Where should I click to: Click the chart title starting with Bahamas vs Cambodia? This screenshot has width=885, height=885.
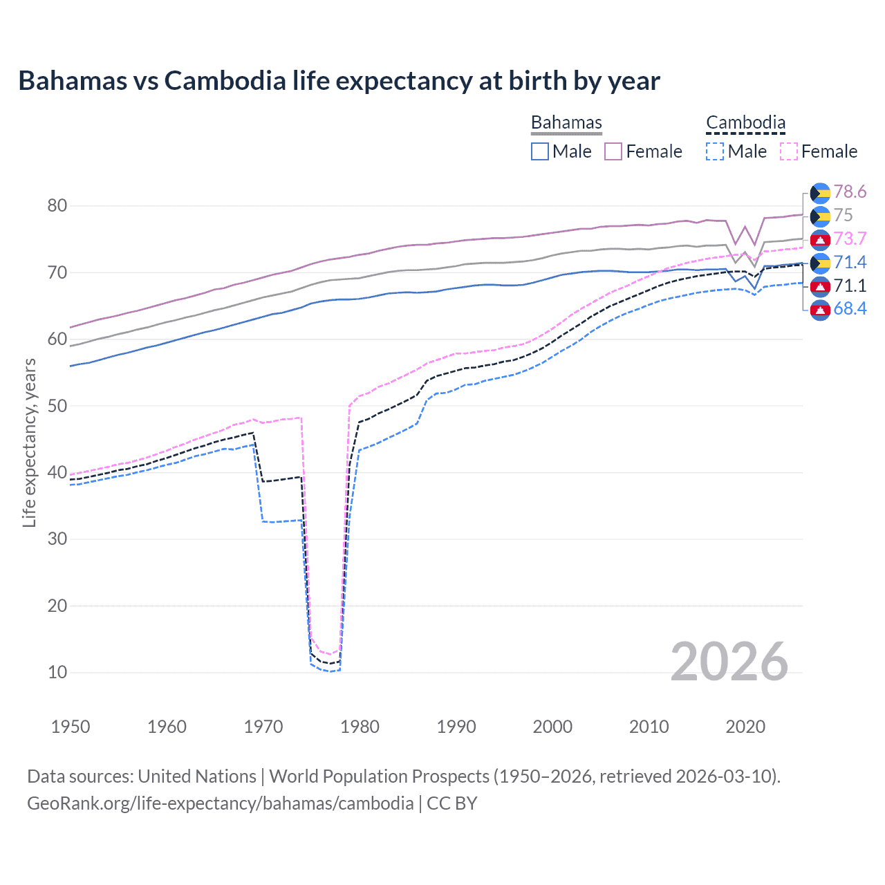pos(339,81)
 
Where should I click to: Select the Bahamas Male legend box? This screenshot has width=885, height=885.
pos(540,151)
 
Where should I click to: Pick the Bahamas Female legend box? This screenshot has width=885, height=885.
pos(613,151)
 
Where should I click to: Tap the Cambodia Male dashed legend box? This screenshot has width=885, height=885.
pos(715,151)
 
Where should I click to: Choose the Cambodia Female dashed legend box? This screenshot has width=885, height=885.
pos(788,151)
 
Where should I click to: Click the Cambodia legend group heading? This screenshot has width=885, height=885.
pos(745,123)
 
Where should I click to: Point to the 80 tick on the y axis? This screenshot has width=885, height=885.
pos(57,205)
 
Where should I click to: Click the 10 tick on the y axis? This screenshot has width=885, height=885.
pos(57,672)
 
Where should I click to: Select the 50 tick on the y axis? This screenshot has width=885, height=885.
pos(57,406)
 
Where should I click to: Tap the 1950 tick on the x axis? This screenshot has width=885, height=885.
pos(71,727)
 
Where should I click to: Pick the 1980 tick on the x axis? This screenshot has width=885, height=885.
pos(360,727)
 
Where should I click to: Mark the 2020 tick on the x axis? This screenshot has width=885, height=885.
pos(745,727)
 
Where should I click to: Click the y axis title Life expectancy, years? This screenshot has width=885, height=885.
pos(29,442)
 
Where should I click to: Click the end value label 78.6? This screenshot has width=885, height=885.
pos(850,192)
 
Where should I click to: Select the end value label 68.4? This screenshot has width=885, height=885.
pos(850,309)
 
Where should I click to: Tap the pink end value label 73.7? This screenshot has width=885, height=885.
pos(850,239)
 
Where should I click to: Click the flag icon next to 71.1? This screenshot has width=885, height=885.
pos(820,286)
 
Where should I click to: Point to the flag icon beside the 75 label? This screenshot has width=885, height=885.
pos(820,216)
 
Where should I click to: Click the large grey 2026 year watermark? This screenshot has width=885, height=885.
pos(729,662)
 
